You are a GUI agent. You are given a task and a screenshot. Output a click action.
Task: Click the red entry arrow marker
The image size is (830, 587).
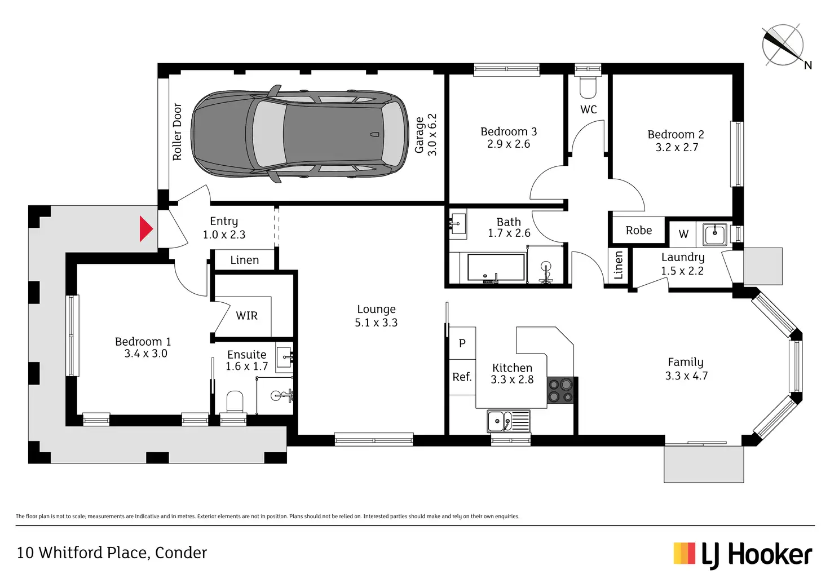point(146,229)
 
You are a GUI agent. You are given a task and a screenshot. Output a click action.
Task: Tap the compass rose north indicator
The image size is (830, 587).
point(783,45)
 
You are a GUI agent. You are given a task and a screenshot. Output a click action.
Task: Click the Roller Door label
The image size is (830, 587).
point(177,131)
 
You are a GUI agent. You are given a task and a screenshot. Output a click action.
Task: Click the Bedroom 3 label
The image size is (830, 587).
point(509,131)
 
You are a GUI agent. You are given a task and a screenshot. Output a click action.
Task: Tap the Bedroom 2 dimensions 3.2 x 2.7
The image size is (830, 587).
point(677,147)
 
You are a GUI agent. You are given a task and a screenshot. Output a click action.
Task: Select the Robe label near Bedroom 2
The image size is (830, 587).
point(639,230)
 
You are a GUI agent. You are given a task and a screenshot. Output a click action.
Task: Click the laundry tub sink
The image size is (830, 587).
point(715,233)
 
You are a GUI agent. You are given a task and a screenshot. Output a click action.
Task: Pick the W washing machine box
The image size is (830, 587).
point(683,234)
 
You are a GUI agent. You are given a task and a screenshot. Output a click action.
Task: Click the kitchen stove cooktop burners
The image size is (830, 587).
point(560,391)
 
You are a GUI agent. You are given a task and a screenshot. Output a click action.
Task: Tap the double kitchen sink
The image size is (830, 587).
point(508,421)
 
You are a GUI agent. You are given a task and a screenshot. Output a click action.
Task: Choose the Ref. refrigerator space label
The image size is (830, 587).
point(462,377)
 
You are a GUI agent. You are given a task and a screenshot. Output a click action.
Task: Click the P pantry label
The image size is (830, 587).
point(462,343)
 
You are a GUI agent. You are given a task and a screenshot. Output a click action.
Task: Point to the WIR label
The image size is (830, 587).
point(246,316)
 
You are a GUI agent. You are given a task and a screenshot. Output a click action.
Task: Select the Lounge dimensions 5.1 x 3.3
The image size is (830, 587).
point(376,323)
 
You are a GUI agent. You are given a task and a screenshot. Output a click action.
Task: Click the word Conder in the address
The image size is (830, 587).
point(181,553)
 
